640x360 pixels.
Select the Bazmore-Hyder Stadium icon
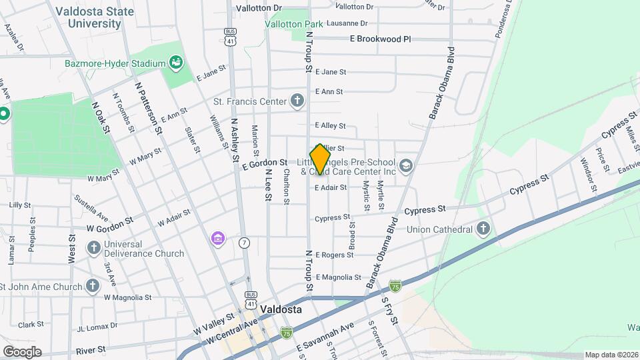(x=177, y=63)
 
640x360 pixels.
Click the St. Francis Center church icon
(x=297, y=101)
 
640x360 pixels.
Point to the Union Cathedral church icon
(x=484, y=229)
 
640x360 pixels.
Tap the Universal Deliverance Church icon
(x=94, y=248)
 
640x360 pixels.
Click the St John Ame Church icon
(x=93, y=286)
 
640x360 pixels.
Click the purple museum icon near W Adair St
(x=217, y=238)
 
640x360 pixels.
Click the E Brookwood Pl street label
(x=380, y=39)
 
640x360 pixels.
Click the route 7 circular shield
(x=245, y=243)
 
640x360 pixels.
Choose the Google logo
(x=22, y=351)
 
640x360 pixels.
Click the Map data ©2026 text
(x=611, y=355)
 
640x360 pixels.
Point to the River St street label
(x=91, y=349)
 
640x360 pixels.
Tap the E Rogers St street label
(x=333, y=255)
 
